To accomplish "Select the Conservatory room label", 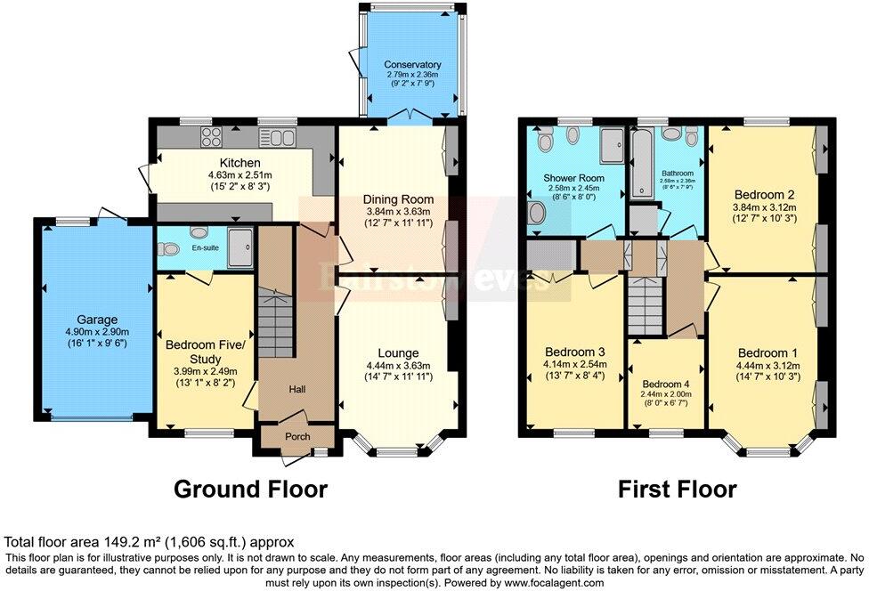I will click(412, 65).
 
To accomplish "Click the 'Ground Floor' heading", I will click(250, 489).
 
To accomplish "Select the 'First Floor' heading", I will click(678, 489).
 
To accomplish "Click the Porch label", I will click(297, 437).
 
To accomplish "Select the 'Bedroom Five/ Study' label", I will click(204, 350).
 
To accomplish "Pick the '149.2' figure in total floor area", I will click(124, 541).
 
